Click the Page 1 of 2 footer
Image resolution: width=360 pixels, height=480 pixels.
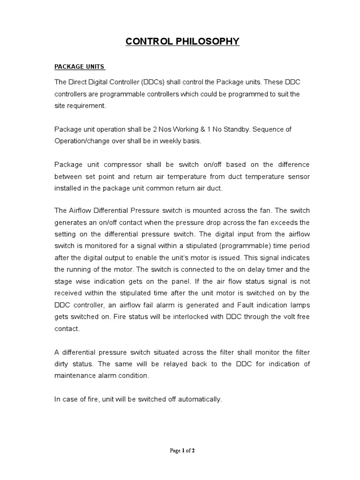click(x=182, y=451)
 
